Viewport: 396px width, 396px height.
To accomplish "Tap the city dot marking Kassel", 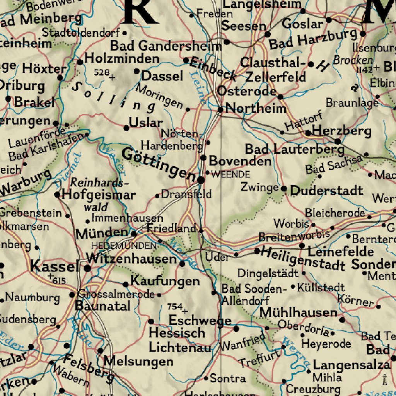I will pyautogui.click(x=88, y=268).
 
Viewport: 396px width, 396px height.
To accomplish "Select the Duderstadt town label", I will pyautogui.click(x=327, y=190).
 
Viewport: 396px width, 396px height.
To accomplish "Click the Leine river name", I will pyautogui.click(x=197, y=87).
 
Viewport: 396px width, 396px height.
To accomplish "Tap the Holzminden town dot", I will pyautogui.click(x=80, y=62).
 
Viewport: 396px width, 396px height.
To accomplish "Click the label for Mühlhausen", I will pyautogui.click(x=298, y=312).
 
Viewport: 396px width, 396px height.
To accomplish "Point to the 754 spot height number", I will pyautogui.click(x=175, y=307).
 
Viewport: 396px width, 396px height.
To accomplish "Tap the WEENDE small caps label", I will pyautogui.click(x=231, y=174).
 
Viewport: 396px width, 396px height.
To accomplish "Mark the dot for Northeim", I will pyautogui.click(x=220, y=110).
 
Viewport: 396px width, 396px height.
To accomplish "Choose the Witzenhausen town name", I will pyautogui.click(x=131, y=258).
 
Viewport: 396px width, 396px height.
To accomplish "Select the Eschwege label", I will pyautogui.click(x=200, y=320).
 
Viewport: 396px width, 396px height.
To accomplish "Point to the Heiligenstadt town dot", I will pyautogui.click(x=257, y=251).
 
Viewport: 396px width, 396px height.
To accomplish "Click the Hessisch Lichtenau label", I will pyautogui.click(x=179, y=340).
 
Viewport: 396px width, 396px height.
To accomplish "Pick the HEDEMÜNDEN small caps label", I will pyautogui.click(x=124, y=246).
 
